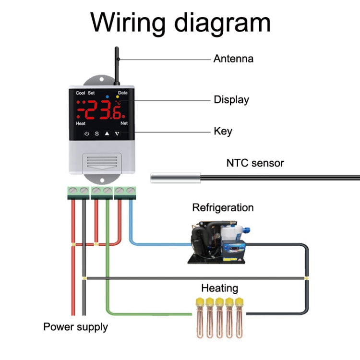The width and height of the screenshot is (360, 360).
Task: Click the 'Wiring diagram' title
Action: (180, 22)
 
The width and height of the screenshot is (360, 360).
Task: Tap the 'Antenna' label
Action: (233, 59)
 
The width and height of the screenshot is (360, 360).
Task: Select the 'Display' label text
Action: (231, 100)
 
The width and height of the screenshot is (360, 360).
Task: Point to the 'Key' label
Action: (223, 131)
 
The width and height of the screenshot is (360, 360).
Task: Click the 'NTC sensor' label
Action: (255, 163)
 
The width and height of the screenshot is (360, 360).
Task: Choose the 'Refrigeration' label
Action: (223, 208)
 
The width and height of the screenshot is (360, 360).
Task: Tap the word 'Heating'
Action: (219, 288)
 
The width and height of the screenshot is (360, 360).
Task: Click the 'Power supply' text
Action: (75, 327)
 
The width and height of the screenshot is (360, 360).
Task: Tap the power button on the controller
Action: (86, 133)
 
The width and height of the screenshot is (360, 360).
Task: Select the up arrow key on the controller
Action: (107, 133)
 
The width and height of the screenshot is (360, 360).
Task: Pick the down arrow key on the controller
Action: (117, 133)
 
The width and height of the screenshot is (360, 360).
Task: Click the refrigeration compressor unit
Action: (218, 243)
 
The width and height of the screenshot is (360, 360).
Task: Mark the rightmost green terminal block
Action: (125, 192)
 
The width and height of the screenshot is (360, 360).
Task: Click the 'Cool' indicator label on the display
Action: (80, 93)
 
